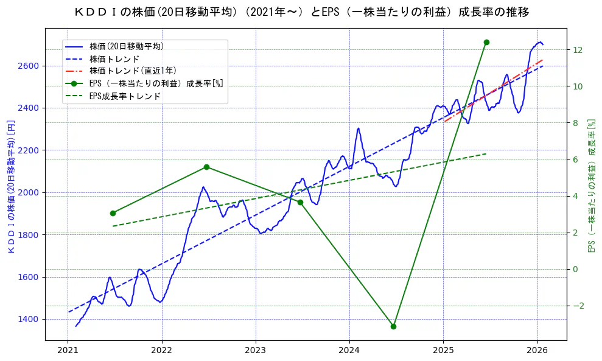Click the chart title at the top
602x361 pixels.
(301, 12)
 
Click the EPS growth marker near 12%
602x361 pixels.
(486, 42)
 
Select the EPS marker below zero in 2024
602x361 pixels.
(393, 326)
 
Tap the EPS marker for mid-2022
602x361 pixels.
(206, 167)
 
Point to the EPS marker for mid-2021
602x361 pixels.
(113, 213)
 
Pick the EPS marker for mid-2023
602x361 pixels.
(300, 202)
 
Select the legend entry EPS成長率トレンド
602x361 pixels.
(125, 96)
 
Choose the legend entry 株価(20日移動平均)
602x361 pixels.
(126, 46)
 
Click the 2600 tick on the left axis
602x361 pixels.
(30, 66)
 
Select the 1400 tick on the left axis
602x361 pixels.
(30, 319)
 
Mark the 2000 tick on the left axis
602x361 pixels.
(30, 192)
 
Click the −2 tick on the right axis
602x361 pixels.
(577, 306)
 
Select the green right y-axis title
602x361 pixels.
(590, 186)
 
